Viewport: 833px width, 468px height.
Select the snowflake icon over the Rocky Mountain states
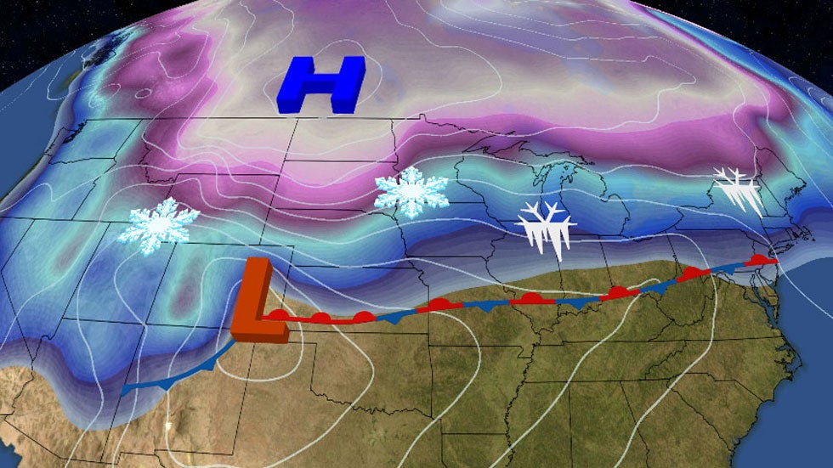[159, 225]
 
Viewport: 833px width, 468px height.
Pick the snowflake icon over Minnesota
[411, 191]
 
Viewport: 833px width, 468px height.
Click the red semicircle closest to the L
[279, 314]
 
